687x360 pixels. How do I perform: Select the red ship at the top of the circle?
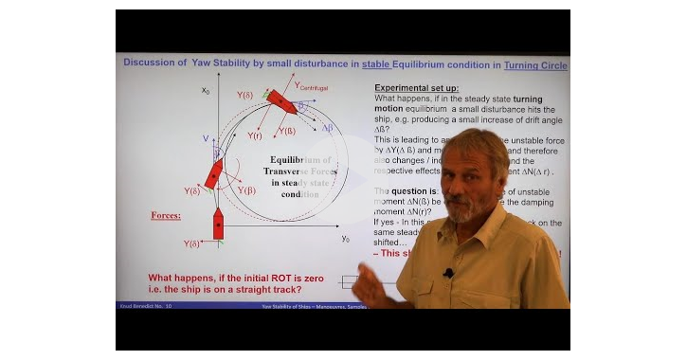point(281,101)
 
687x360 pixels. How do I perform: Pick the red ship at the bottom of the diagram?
point(217,223)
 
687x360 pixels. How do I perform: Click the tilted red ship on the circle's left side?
point(215,172)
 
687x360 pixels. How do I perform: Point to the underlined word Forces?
point(167,215)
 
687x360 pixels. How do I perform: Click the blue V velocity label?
point(205,138)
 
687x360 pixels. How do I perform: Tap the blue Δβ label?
point(327,127)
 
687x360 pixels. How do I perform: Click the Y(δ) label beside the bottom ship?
point(192,243)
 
